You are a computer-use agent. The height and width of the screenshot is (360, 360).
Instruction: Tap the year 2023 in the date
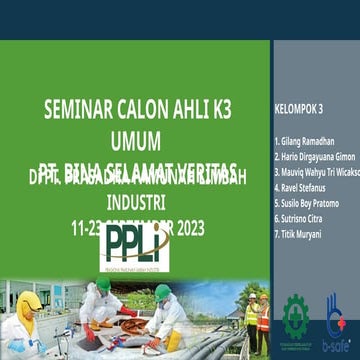click(186, 228)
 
